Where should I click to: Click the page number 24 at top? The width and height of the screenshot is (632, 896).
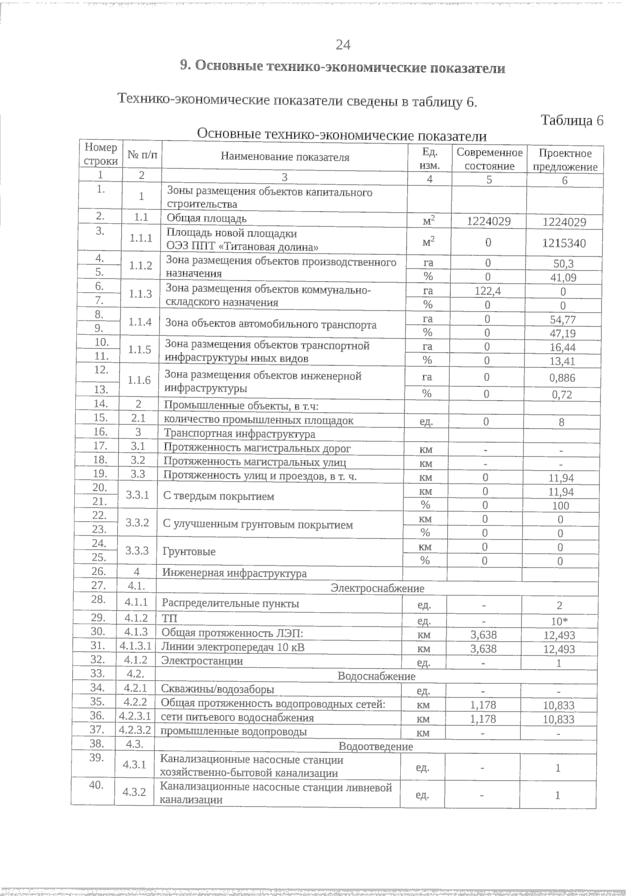(x=342, y=45)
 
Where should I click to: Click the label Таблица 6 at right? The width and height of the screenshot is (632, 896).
(x=572, y=121)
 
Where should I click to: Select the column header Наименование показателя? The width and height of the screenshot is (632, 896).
(x=285, y=157)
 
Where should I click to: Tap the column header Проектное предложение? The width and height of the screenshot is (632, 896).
(x=565, y=160)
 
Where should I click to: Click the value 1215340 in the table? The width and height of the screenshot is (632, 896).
(x=564, y=243)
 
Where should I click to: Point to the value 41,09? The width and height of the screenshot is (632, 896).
(x=563, y=278)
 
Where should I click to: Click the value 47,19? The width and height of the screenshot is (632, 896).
(x=562, y=334)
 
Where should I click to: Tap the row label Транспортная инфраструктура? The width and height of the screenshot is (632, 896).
(x=240, y=434)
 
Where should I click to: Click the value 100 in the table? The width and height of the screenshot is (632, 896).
(x=560, y=506)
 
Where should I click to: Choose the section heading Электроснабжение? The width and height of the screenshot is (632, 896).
(x=377, y=589)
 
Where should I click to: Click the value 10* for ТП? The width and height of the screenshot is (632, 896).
(x=559, y=621)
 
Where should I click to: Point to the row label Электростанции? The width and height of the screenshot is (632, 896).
(x=202, y=661)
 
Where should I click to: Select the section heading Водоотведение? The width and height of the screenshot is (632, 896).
(x=376, y=746)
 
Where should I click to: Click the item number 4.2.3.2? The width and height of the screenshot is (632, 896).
(x=135, y=730)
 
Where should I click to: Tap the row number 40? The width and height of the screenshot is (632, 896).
(x=95, y=785)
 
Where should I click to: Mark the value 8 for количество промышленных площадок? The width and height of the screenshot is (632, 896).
(x=561, y=422)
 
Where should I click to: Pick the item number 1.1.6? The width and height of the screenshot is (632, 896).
(x=140, y=380)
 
